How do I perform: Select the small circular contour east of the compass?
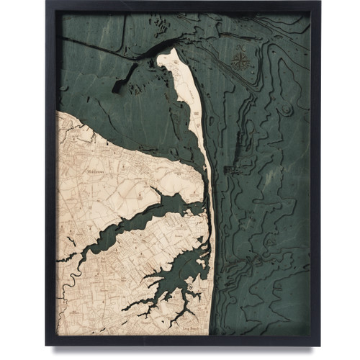[287, 109]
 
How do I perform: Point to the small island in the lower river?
[189, 288]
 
